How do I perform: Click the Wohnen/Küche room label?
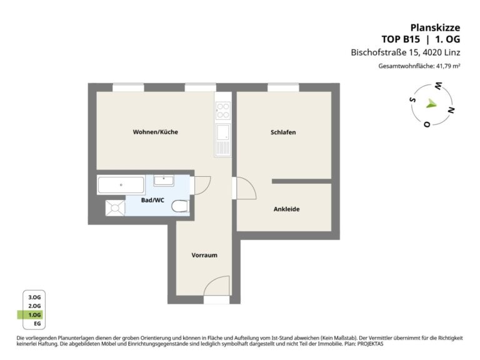[155, 132]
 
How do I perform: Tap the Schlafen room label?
[283, 132]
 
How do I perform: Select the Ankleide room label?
[286, 209]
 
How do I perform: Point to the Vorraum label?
[204, 255]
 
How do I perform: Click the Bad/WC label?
[152, 200]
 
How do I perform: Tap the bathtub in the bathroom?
[121, 185]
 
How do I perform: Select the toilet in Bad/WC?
[180, 206]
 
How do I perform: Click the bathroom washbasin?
[164, 181]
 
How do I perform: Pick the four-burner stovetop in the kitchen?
[223, 111]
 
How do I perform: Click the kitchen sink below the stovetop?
[223, 139]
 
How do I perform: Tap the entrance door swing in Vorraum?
[216, 286]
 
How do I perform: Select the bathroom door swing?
[202, 186]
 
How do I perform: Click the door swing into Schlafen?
[246, 188]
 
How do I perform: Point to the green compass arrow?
[431, 104]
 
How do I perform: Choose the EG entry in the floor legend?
[37, 324]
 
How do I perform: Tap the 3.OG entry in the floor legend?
[34, 297]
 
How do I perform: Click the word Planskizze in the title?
[435, 27]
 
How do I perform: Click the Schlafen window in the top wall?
[283, 87]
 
